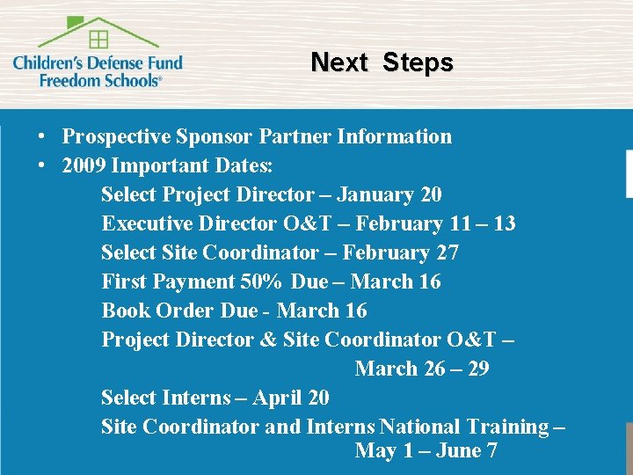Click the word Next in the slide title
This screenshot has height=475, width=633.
tap(338, 62)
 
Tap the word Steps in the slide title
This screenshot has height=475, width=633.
tap(418, 62)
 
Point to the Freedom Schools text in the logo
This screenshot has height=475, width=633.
tap(100, 79)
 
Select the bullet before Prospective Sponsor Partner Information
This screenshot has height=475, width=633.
tap(41, 137)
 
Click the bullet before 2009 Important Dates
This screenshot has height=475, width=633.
tap(41, 166)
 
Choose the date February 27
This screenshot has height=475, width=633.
tap(400, 252)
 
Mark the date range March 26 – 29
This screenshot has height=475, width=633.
tap(422, 369)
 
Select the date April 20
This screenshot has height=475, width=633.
tap(291, 398)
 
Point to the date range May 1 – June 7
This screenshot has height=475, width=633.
tap(426, 451)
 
